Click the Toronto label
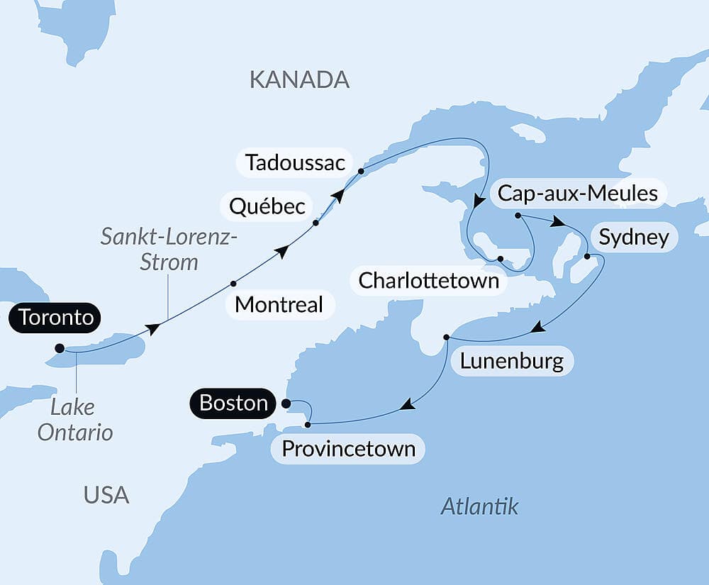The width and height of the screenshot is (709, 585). [56, 318]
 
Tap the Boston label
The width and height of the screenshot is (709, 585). [233, 403]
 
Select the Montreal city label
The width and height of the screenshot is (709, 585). [279, 305]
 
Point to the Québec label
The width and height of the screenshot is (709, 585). [267, 206]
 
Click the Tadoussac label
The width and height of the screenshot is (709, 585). [295, 163]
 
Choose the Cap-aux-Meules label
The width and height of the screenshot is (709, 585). [578, 193]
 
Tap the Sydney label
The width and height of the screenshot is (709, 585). [633, 237]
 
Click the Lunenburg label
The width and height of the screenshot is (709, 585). [511, 361]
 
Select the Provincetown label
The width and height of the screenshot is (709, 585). [348, 449]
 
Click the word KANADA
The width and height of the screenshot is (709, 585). [299, 79]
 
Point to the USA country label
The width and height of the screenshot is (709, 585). [106, 494]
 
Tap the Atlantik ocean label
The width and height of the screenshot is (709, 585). [479, 506]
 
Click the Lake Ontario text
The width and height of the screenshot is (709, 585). [75, 420]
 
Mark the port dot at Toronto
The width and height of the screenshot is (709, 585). [60, 348]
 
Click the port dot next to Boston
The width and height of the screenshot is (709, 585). [286, 403]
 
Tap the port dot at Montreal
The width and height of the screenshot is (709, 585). [233, 284]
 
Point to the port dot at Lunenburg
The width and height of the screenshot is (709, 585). [446, 337]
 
